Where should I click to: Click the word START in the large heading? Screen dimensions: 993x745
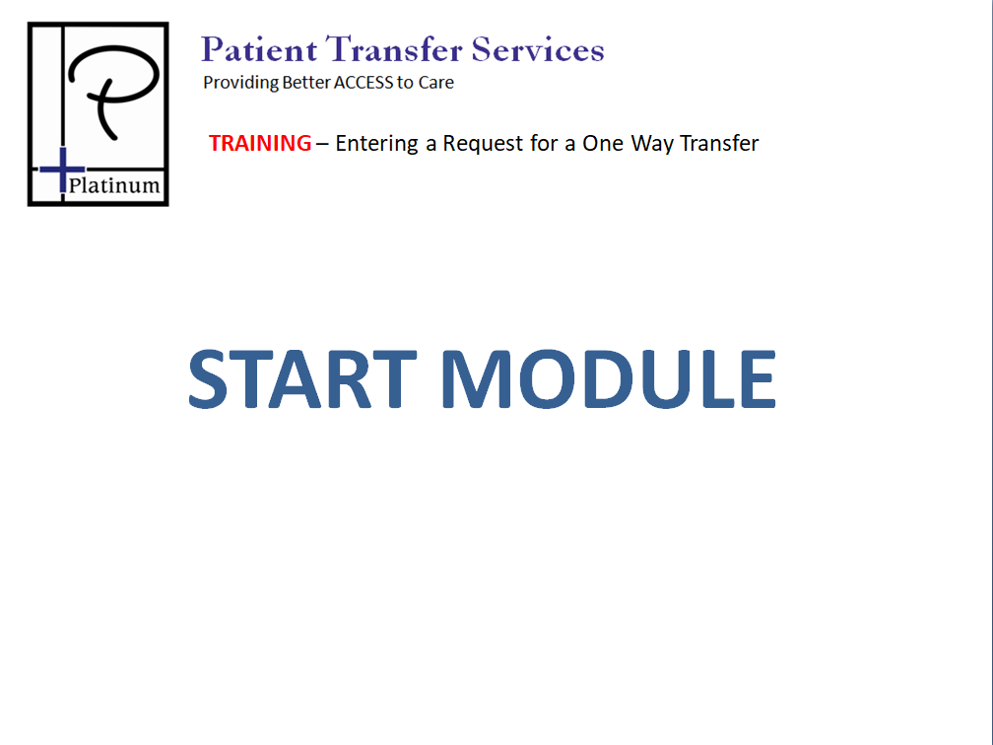[302, 378]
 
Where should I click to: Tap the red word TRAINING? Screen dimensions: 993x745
[260, 143]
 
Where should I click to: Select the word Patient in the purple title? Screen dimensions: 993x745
[259, 49]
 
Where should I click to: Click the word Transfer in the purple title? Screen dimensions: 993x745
[394, 49]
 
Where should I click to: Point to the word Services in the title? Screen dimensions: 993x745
[538, 49]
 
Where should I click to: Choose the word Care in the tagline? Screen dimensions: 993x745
[435, 83]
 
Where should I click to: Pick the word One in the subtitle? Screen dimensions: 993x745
[603, 143]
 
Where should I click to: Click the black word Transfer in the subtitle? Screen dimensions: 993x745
[719, 143]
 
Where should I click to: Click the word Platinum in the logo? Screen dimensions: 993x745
[114, 185]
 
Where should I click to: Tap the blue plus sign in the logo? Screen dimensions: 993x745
[62, 169]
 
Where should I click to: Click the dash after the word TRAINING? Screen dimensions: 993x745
[322, 145]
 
